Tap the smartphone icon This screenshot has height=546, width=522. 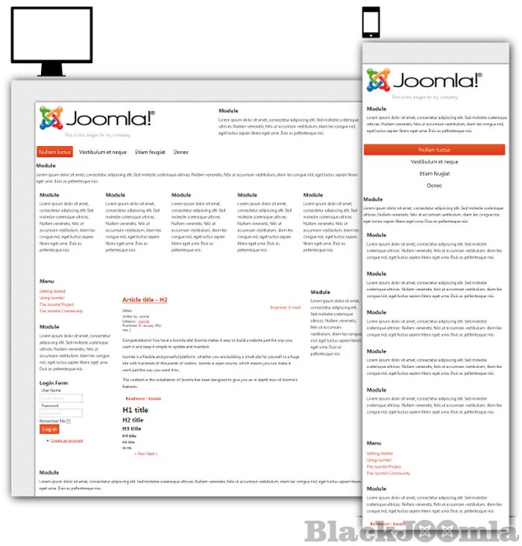coord(371,22)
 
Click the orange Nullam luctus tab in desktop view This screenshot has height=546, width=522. coord(55,151)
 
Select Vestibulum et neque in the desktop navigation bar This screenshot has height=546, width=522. coord(103,151)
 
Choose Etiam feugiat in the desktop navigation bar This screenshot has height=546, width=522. coord(150,151)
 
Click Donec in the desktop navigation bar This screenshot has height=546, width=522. coord(181,151)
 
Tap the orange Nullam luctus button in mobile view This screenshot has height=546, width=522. coord(434,150)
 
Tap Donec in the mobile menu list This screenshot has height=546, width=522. coord(434,185)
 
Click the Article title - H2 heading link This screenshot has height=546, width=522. coord(145,299)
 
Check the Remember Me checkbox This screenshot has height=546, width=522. coord(69,422)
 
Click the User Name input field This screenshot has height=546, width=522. coord(61,398)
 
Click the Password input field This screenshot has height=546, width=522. coord(61,413)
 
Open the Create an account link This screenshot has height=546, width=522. coord(66,441)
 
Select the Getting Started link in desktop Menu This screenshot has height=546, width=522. coord(52,291)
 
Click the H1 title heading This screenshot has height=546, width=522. coord(135,410)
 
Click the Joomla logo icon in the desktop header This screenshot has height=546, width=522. coord(51,118)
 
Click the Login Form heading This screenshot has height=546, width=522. coord(54,383)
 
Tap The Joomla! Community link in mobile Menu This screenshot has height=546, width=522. coord(388,473)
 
